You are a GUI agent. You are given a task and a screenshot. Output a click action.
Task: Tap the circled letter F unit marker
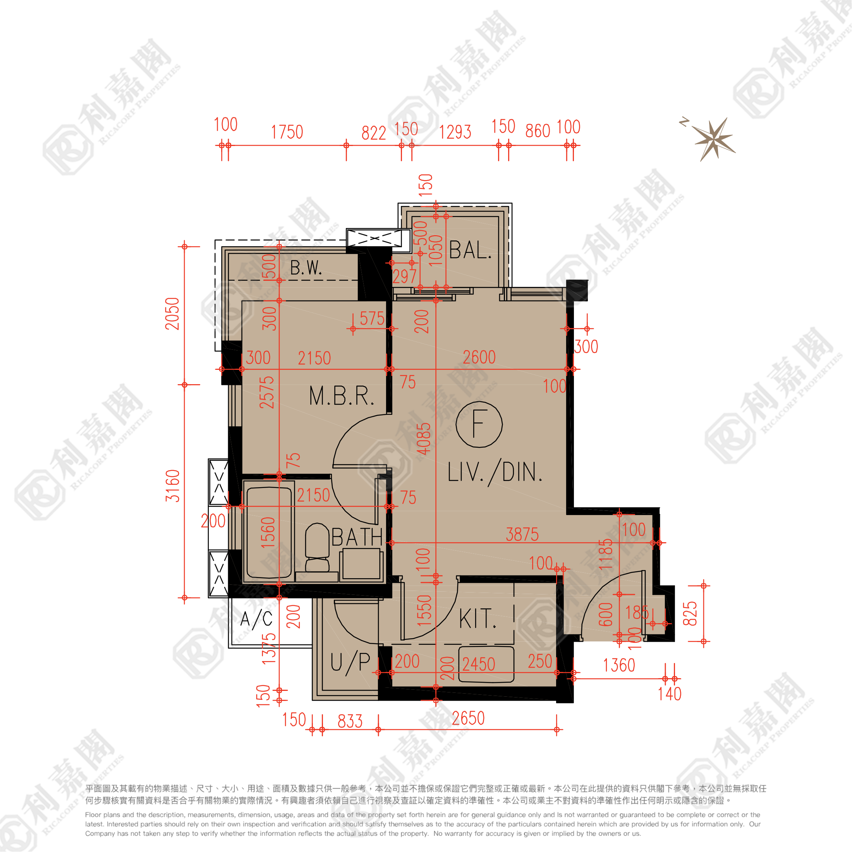pos(479,424)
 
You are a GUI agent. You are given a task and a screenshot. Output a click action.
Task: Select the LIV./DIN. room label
pos(495,472)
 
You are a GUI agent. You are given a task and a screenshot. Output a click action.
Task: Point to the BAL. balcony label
pos(470,251)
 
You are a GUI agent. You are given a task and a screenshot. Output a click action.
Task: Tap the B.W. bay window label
pos(306,268)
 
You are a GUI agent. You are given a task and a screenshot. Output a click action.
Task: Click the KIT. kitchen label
pos(478,619)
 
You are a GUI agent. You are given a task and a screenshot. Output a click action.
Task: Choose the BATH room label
pos(357,537)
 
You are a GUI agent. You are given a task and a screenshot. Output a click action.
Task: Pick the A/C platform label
pos(257,619)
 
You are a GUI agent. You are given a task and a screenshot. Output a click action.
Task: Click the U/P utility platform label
pos(350,662)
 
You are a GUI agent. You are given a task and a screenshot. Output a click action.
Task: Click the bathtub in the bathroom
pos(268,533)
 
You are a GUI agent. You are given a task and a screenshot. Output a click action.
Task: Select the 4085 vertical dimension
pos(424,439)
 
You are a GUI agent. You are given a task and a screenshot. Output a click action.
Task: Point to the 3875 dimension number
pos(522,534)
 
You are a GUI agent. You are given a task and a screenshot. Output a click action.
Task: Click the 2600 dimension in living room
pos(479,357)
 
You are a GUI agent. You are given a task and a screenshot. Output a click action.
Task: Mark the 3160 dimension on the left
pos(173,486)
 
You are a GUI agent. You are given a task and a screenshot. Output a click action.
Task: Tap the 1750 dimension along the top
pos(287,132)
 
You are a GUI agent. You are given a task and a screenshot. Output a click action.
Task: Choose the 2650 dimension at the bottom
pos(468,718)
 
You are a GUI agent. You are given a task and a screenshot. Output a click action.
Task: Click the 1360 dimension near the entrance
pos(619,665)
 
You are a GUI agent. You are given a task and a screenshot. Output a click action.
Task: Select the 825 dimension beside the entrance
pos(690,613)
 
